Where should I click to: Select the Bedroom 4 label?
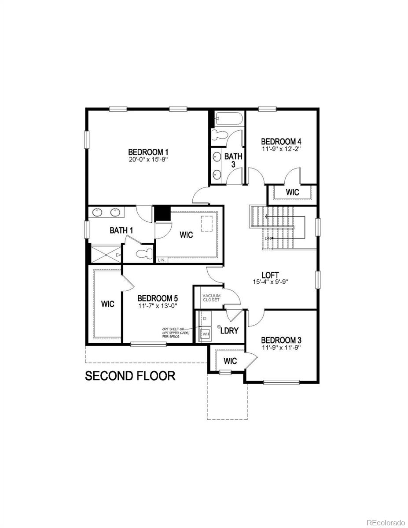coord(281,142)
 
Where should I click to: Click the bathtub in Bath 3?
coord(228,119)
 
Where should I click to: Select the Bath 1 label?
coord(121,230)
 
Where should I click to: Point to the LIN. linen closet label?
coord(162,260)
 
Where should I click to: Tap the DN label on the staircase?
coord(268,238)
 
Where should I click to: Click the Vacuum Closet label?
coord(211,297)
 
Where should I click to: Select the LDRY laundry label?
coord(229,330)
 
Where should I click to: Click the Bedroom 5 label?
coord(158,298)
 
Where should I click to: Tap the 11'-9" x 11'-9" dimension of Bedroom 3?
coord(281,348)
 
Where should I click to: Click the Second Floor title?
coord(130,376)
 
